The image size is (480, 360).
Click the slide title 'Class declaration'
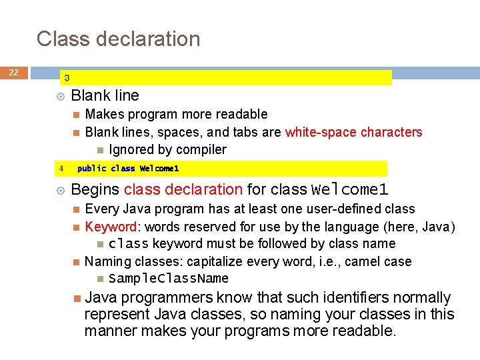pos(118,39)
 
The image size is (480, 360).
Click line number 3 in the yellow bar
pos(67,78)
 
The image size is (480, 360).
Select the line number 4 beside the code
pos(61,169)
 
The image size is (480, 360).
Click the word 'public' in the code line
pos(91,169)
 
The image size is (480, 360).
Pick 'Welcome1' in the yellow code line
pos(159,169)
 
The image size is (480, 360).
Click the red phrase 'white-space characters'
pos(353,132)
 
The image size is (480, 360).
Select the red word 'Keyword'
pos(111,227)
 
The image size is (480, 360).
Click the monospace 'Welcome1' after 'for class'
pos(350,189)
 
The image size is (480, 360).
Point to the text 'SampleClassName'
pos(169,278)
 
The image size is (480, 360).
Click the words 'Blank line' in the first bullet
pos(105,95)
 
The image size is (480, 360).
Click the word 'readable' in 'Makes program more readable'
pos(241,114)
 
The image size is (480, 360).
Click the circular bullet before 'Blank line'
pos(61,96)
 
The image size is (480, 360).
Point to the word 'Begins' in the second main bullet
pos(95,189)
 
